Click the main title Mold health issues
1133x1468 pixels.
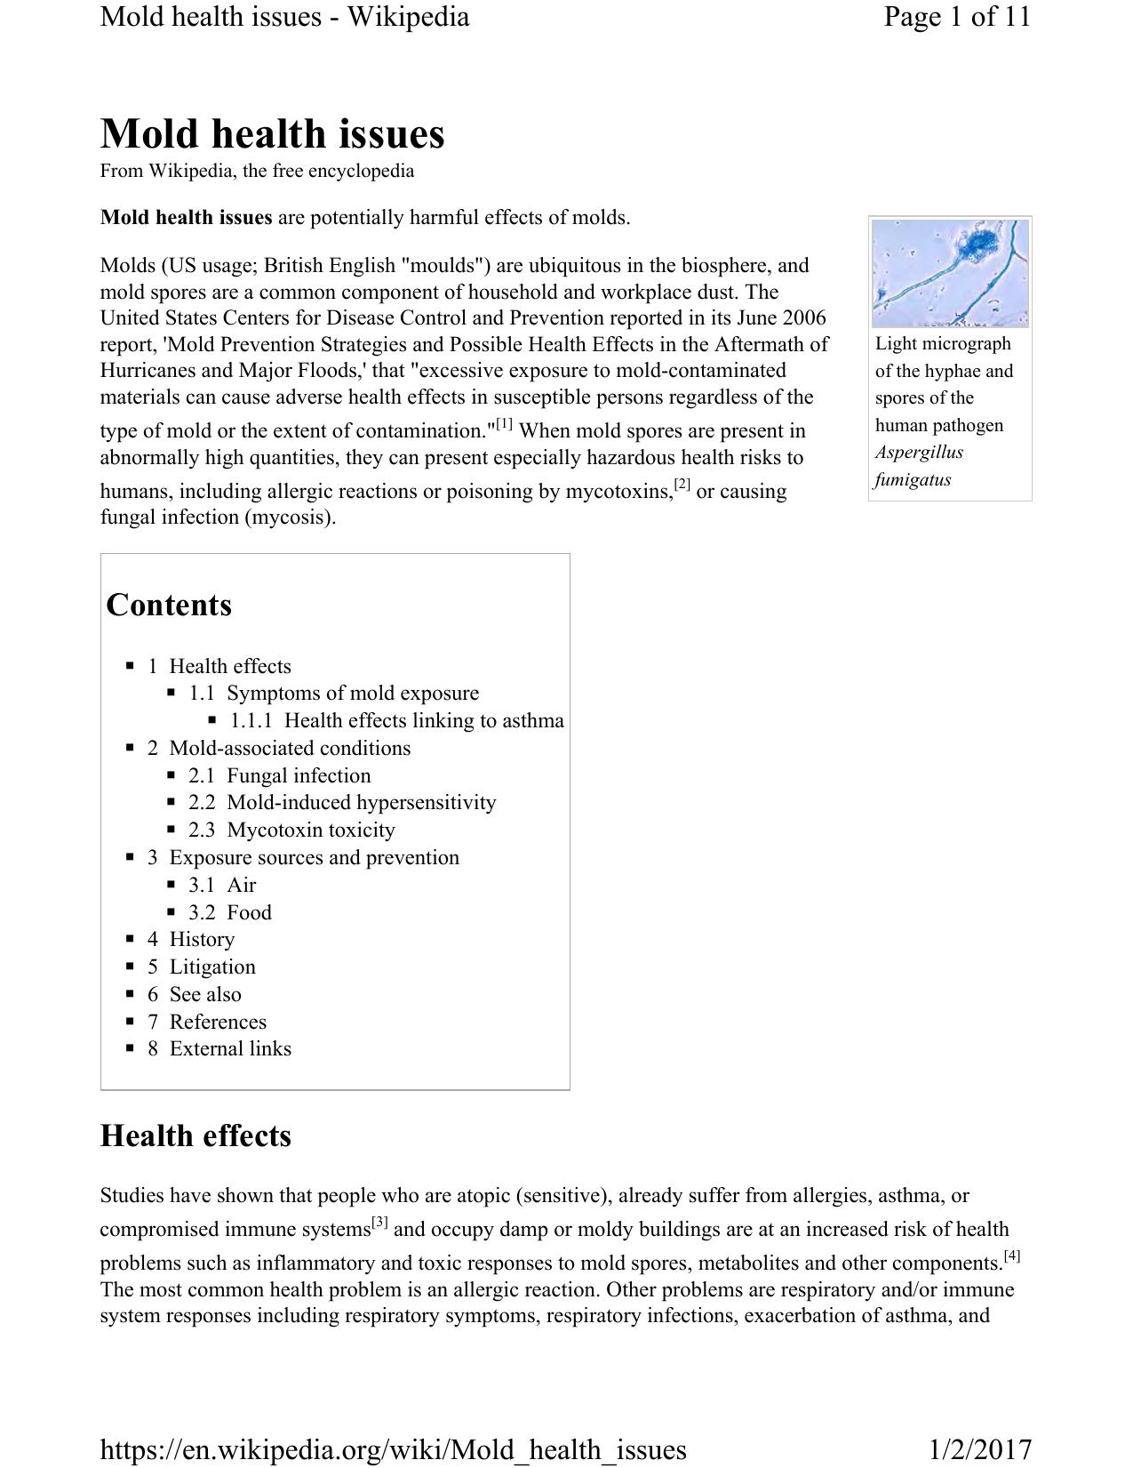[x=272, y=134]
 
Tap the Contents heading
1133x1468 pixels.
[x=169, y=605]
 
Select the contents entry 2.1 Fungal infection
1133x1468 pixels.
[x=279, y=775]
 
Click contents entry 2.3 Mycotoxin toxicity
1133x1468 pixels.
[x=291, y=830]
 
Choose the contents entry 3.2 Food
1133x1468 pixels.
[x=230, y=912]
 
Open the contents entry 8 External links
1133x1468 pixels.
[x=219, y=1048]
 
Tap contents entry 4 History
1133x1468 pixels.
[x=191, y=939]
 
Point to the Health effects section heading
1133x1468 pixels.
[x=195, y=1136]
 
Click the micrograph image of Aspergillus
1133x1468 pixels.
[x=949, y=273]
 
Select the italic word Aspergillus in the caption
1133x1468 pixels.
[x=919, y=452]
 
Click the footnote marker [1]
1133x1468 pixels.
[x=504, y=424]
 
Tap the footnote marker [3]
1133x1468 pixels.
[x=379, y=1223]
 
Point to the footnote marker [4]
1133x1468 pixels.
[x=1011, y=1256]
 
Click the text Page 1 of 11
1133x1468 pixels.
[x=956, y=16]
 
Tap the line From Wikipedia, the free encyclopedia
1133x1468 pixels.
[x=257, y=171]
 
